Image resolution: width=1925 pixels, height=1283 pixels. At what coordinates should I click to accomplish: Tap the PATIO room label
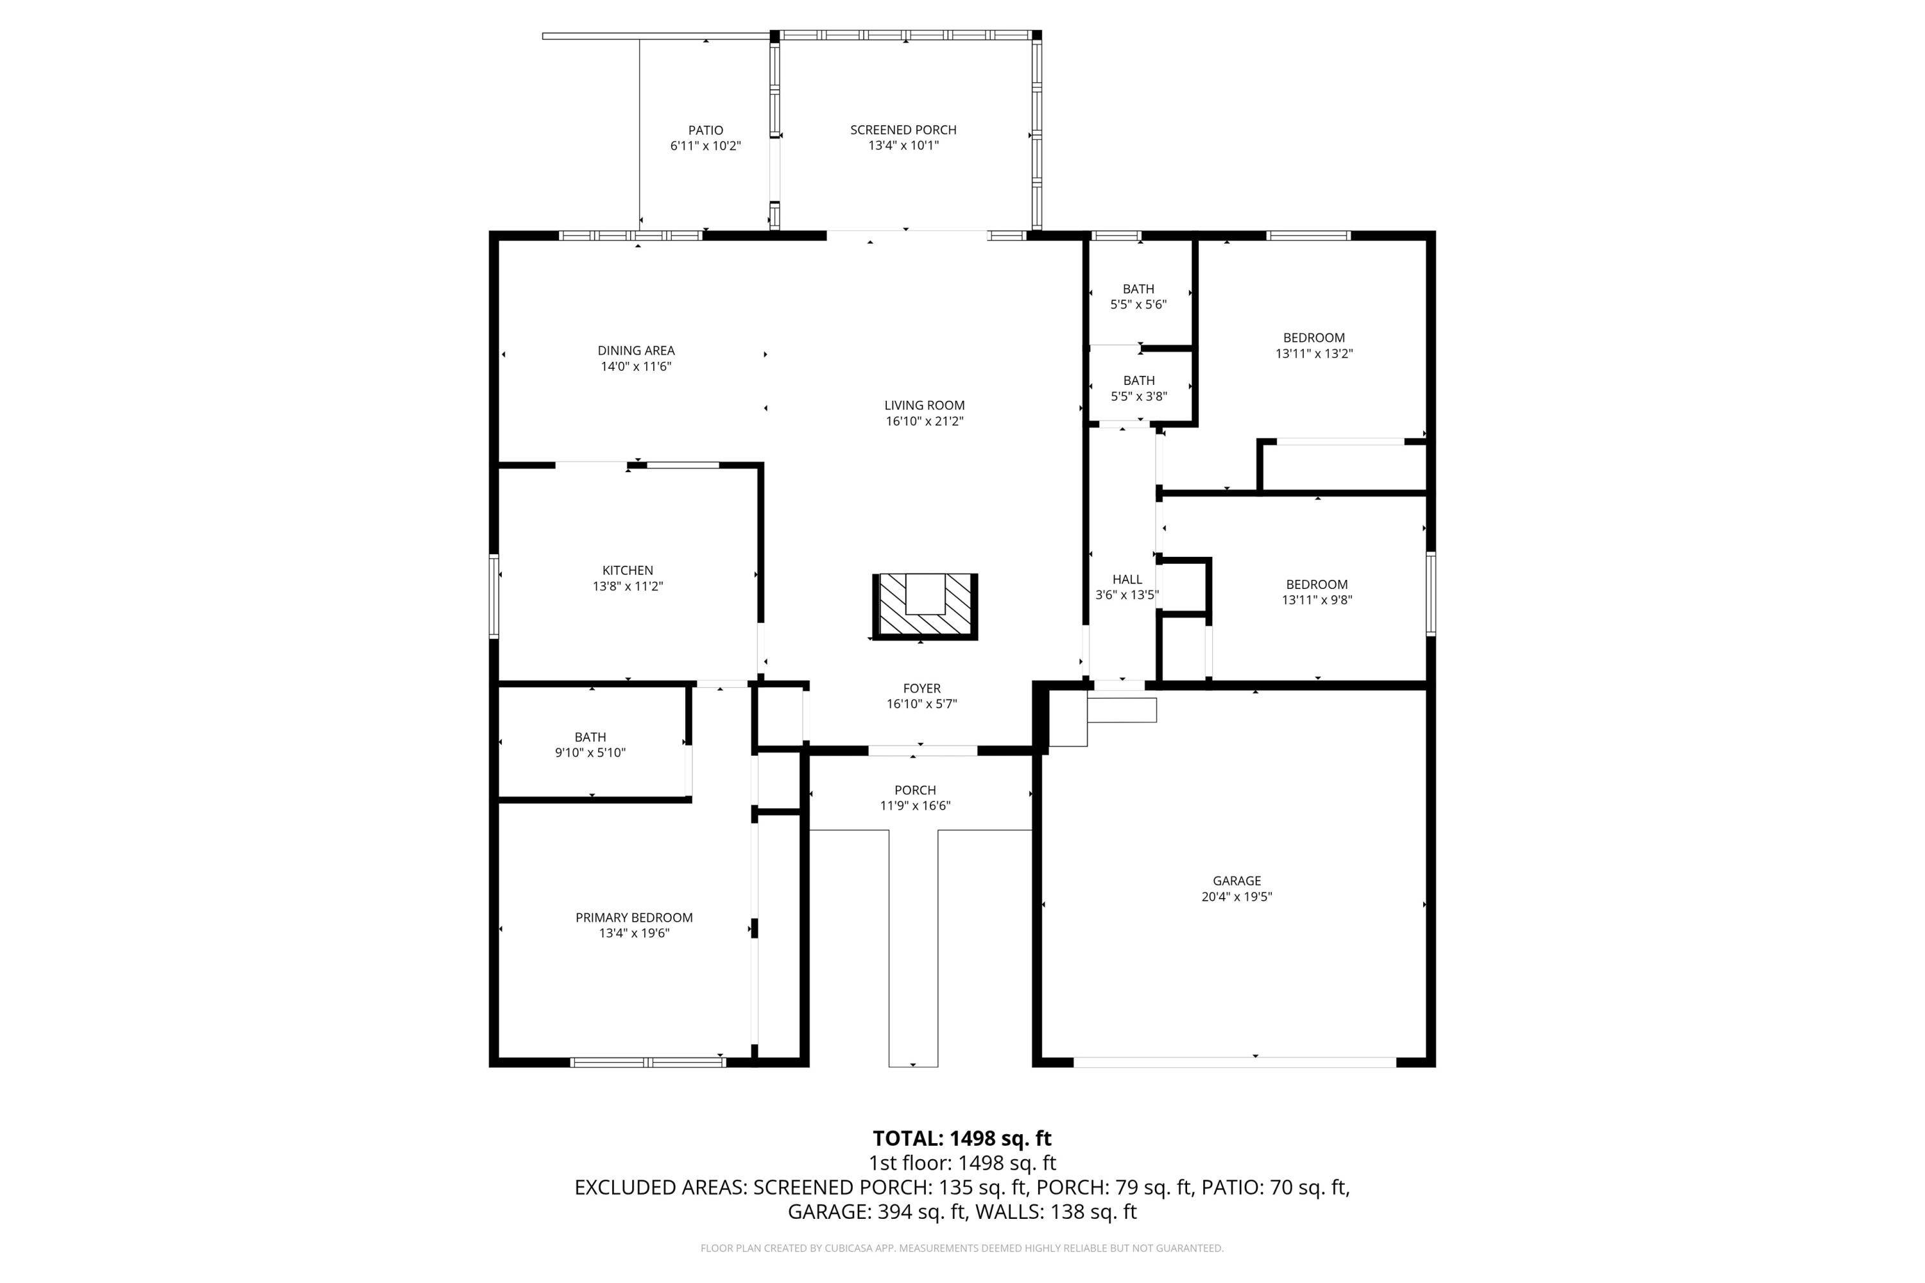pos(705,130)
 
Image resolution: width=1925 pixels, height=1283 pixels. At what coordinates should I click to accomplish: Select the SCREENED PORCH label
pos(903,130)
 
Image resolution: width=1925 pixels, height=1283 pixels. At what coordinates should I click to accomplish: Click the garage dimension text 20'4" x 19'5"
pos(1236,897)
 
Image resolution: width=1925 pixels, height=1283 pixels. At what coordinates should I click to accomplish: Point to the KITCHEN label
pos(627,570)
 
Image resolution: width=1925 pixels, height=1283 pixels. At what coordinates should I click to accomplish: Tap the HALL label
pos(1127,579)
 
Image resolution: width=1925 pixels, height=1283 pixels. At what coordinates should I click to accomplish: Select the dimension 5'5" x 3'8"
pos(1138,396)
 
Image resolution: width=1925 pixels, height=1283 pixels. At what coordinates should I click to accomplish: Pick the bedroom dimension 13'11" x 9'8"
pos(1316,600)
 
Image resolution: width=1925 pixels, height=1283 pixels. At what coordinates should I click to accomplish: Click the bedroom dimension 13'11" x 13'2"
pos(1313,353)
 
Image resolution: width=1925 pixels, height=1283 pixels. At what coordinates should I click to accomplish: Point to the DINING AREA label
pos(636,350)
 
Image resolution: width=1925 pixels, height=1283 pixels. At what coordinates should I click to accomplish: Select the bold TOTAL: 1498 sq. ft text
pos(962,1138)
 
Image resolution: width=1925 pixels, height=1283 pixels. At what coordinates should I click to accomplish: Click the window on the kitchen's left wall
pos(493,596)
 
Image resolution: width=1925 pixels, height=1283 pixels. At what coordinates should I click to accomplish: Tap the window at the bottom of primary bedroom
pos(647,1062)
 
